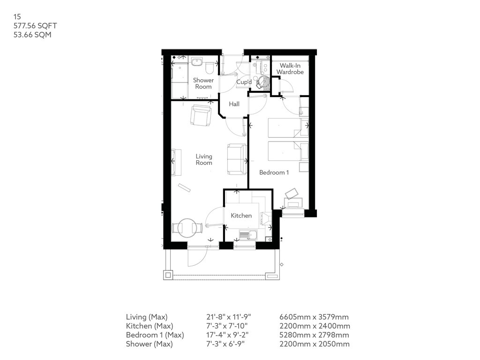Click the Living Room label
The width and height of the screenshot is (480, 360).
pos(204,159)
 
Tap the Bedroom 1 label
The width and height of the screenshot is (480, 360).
pos(274,172)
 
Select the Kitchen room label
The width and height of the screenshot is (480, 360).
pos(241,216)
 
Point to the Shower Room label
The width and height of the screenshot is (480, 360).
pos(203,83)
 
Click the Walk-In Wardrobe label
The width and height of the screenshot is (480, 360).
pos(290,68)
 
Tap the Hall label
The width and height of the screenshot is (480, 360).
pos(234,104)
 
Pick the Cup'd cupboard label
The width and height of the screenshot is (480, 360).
pos(244,82)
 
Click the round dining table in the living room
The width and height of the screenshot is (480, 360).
pos(187,228)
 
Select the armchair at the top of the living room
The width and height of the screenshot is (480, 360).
pos(201,115)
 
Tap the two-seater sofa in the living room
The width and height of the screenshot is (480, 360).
pos(237,159)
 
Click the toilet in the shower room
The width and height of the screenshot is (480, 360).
pos(210,68)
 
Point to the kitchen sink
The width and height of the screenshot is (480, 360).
pos(248,235)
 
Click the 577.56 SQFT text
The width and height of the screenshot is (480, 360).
pos(35,26)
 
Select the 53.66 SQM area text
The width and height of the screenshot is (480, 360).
pos(32,35)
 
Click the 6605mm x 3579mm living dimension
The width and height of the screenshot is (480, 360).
pos(314,317)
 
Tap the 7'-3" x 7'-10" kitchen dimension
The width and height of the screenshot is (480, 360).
pos(227,326)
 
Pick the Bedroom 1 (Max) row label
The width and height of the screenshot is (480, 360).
pos(155,335)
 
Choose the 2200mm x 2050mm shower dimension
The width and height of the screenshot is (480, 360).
pos(315,344)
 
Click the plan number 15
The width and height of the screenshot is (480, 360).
pos(17,16)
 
